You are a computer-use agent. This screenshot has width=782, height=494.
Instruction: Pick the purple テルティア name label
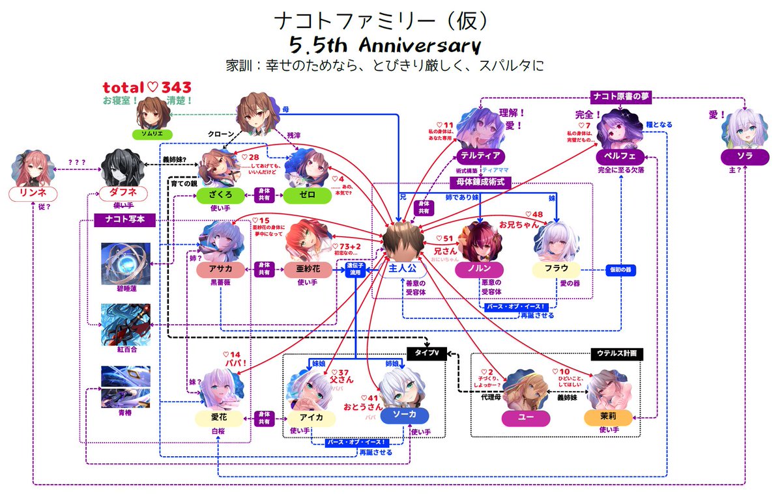click(x=480, y=156)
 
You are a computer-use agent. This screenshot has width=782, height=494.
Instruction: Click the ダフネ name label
click(x=123, y=193)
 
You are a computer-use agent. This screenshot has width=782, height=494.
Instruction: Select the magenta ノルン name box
click(x=484, y=269)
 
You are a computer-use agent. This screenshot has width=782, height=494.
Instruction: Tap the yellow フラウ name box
click(x=556, y=269)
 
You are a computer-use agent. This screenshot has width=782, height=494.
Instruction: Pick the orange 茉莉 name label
click(x=609, y=417)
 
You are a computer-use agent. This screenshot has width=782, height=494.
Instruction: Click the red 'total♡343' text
click(x=146, y=88)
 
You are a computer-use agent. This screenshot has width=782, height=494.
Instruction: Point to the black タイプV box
click(x=427, y=353)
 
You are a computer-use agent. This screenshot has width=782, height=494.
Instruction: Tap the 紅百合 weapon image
click(x=125, y=323)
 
